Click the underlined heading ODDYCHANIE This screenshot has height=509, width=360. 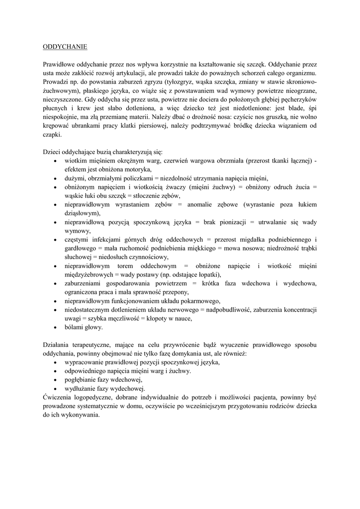tap(65, 47)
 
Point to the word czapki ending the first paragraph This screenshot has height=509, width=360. tap(51, 134)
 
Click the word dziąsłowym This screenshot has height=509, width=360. tap(82, 213)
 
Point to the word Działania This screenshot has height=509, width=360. tap(56, 344)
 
